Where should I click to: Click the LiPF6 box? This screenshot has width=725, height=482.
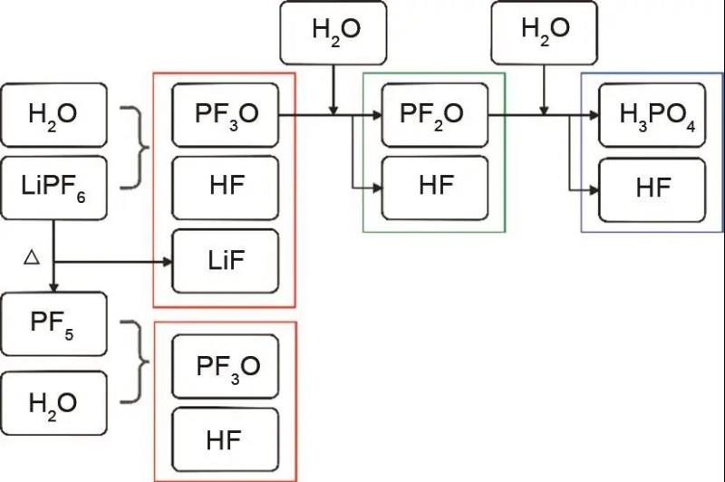[x=53, y=188]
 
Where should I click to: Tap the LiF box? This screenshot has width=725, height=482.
[x=225, y=261]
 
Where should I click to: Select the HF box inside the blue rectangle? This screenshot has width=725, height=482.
[x=653, y=188]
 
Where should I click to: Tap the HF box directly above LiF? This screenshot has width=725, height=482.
[x=225, y=188]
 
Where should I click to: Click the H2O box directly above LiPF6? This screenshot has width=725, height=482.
[x=53, y=115]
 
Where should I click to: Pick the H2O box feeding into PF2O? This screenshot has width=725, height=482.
[x=334, y=30]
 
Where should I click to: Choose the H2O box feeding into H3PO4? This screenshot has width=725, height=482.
[x=545, y=30]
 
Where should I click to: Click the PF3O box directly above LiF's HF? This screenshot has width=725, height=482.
[x=225, y=115]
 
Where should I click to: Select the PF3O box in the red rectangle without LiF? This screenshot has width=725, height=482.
[x=225, y=367]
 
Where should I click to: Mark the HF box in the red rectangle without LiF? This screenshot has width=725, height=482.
[x=225, y=440]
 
